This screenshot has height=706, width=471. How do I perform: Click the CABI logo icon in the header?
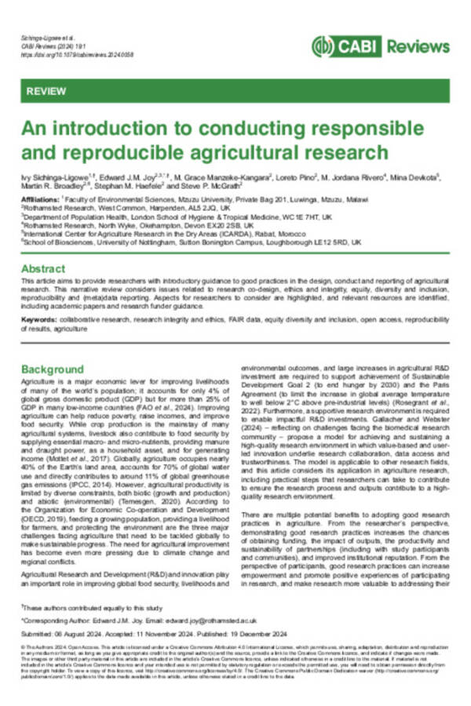point(323,45)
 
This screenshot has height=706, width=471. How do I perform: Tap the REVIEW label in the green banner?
point(46,92)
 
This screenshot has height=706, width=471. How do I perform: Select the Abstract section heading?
point(43,267)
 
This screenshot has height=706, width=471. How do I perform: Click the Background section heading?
point(53,368)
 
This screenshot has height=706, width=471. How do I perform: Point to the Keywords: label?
point(39,321)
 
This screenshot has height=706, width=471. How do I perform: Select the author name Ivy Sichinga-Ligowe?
point(53,178)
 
